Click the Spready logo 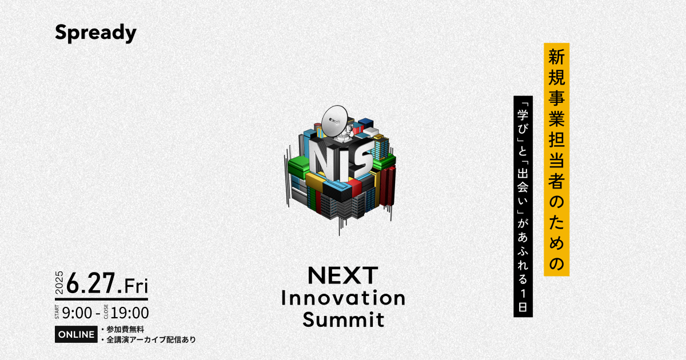pos(95,33)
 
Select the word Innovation pos(344,298)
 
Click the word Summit pos(344,319)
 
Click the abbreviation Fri pos(135,284)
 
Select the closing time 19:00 pos(129,313)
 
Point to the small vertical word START pos(59,313)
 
